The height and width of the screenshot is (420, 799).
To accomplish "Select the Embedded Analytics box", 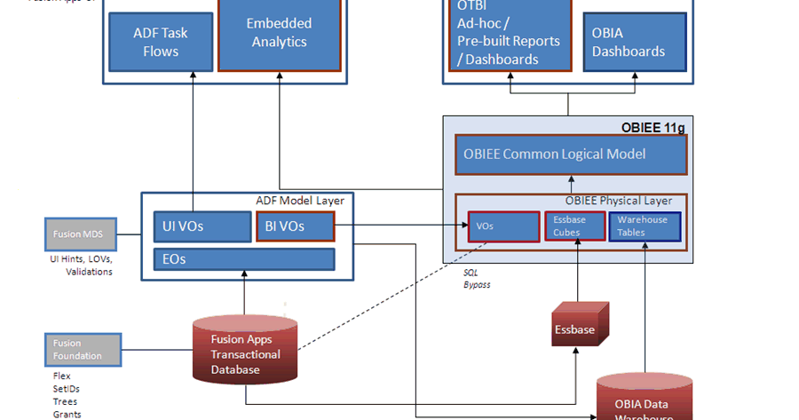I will point(279,34).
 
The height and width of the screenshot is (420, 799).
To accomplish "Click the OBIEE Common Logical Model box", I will point(571,155).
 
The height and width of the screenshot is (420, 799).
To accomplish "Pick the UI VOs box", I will point(202,226).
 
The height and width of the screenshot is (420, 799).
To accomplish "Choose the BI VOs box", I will point(296,226).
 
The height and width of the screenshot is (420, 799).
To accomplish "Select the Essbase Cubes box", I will point(574,226).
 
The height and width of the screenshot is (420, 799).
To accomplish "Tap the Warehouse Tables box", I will point(645,226).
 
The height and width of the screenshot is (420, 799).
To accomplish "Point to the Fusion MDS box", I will point(81,234).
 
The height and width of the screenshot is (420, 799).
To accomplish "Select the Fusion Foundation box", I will point(81,350).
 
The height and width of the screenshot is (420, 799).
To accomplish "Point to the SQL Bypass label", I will point(477,279).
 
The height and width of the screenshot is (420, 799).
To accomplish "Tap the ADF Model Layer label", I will point(299,201).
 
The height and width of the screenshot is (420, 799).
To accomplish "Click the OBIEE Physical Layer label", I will point(619,201).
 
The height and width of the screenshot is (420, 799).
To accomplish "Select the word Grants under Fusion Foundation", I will point(67,415).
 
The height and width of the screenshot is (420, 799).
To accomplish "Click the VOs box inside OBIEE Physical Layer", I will point(503,226).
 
